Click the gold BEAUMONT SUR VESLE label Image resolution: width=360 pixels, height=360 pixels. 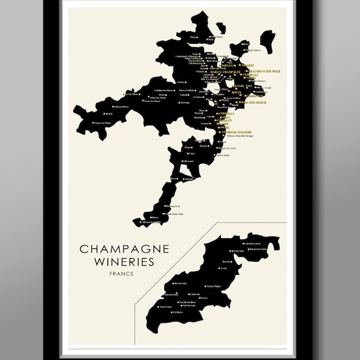[264, 71]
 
